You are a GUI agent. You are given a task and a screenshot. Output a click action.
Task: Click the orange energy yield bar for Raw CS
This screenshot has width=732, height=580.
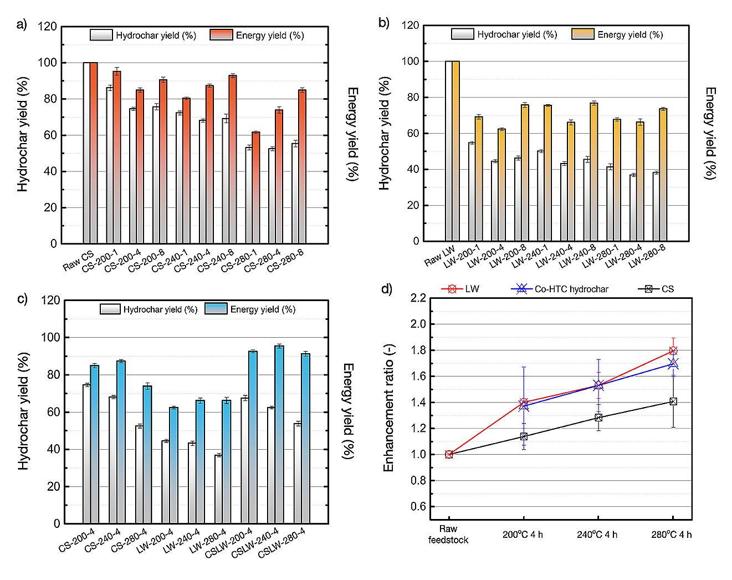(94, 153)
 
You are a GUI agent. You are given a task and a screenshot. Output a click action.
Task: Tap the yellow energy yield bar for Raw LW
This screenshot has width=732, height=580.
(455, 151)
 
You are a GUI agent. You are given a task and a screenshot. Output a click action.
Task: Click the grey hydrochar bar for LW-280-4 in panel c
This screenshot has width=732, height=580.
(218, 489)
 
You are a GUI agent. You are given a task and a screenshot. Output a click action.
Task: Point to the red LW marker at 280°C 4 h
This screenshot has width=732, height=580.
(673, 350)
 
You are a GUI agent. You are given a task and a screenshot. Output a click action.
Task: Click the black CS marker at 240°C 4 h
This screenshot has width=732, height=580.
(598, 418)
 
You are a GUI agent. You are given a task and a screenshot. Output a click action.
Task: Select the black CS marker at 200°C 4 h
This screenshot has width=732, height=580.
(524, 436)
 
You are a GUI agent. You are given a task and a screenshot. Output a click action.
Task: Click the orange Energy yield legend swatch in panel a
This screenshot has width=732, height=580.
(221, 35)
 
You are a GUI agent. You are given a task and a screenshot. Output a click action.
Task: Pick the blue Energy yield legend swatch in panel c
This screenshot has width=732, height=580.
(216, 309)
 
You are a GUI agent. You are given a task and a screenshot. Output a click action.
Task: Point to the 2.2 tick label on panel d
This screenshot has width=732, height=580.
(418, 298)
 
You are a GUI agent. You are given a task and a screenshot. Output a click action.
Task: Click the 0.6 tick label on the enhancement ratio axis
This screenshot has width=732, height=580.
(418, 506)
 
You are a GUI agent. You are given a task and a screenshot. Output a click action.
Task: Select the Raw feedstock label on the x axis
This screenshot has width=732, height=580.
(448, 535)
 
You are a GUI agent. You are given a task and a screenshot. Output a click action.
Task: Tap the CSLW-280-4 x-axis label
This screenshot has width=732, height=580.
(281, 543)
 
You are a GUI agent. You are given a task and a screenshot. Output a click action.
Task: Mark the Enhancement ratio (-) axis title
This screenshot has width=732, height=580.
(389, 408)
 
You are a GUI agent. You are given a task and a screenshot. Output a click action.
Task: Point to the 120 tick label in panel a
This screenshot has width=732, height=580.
(47, 27)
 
